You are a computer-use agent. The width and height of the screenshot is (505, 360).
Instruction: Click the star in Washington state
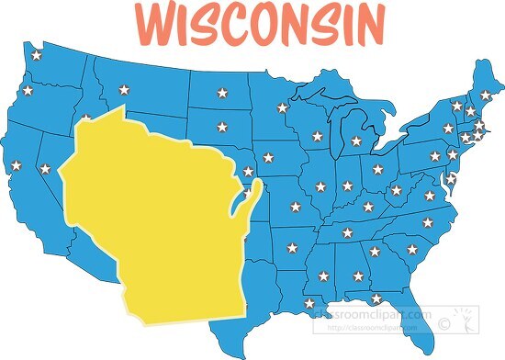pyautogui.click(x=36, y=55)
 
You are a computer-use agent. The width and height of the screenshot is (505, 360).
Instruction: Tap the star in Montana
pyautogui.click(x=124, y=89)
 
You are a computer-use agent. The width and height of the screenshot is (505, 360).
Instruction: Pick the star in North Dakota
pyautogui.click(x=220, y=92)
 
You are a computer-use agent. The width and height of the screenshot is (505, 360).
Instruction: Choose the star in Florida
pyautogui.click(x=376, y=298)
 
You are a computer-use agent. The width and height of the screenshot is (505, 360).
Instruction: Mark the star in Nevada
pyautogui.click(x=45, y=169)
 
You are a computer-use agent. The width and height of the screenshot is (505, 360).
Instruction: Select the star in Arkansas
pyautogui.click(x=293, y=247)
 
